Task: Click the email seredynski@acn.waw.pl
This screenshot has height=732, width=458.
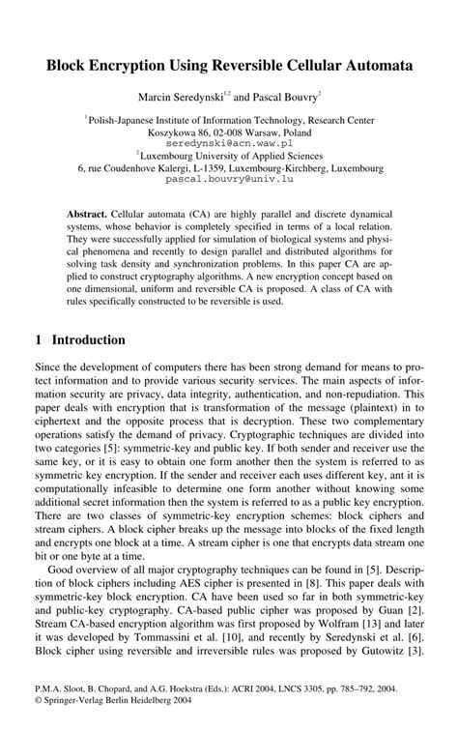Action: click(x=228, y=141)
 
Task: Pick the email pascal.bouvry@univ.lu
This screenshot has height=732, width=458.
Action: click(x=229, y=180)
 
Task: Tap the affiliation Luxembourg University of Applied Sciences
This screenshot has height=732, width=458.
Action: click(x=232, y=155)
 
